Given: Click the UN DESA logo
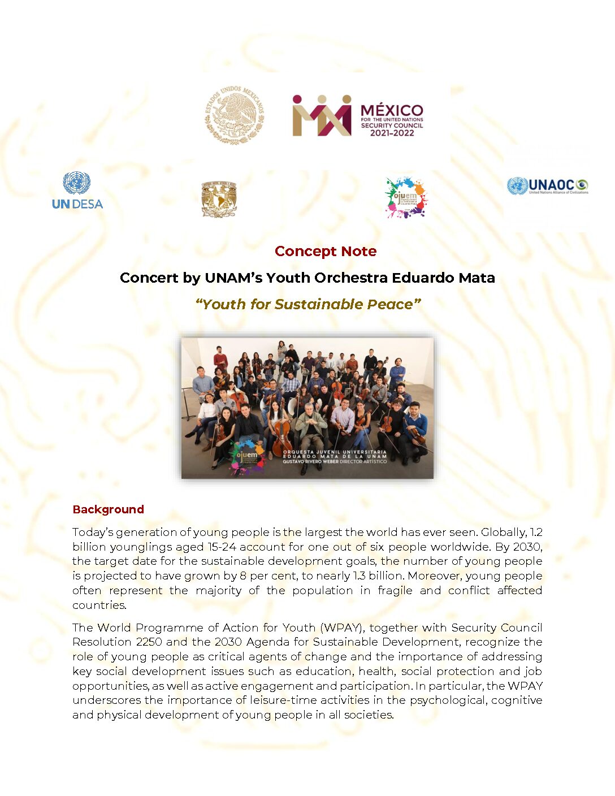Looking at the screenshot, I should point(77,191).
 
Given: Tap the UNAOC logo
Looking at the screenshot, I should point(547,186).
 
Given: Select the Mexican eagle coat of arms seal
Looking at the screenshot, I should point(234,115).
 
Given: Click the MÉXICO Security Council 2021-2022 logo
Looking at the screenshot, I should point(357,116).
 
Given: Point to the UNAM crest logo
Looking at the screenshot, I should point(219,199).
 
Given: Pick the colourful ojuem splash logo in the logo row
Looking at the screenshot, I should point(405,198).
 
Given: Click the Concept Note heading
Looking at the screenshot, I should point(325,251).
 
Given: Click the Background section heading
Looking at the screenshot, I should point(108,509).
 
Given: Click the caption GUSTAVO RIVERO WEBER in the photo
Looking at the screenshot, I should point(309,462).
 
